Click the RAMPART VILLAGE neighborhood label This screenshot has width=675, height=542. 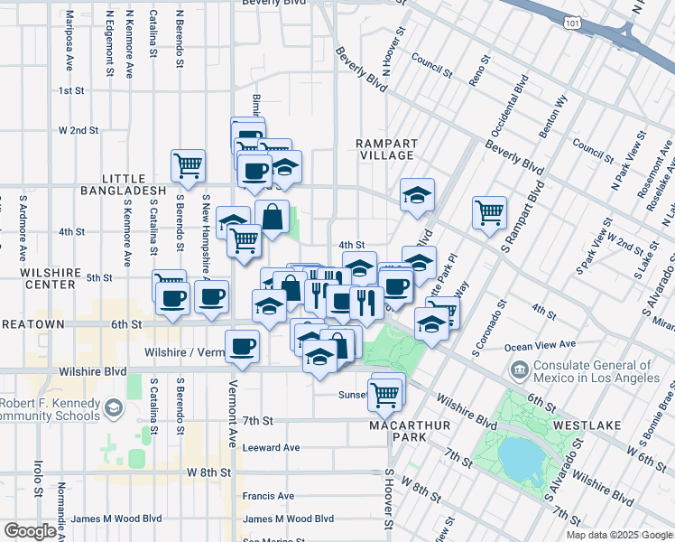tap(386, 149)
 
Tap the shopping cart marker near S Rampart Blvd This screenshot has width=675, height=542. tap(489, 213)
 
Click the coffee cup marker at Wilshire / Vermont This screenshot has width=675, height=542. tap(242, 345)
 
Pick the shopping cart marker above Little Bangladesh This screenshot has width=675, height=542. tap(189, 164)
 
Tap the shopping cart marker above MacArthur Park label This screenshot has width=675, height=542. tap(385, 393)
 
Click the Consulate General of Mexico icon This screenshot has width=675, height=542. tap(520, 369)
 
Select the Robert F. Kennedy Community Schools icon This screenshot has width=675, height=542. tap(114, 408)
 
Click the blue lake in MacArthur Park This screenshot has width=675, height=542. tap(519, 459)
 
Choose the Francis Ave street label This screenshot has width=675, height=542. tap(268, 496)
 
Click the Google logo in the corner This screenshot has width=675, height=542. tap(30, 530)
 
